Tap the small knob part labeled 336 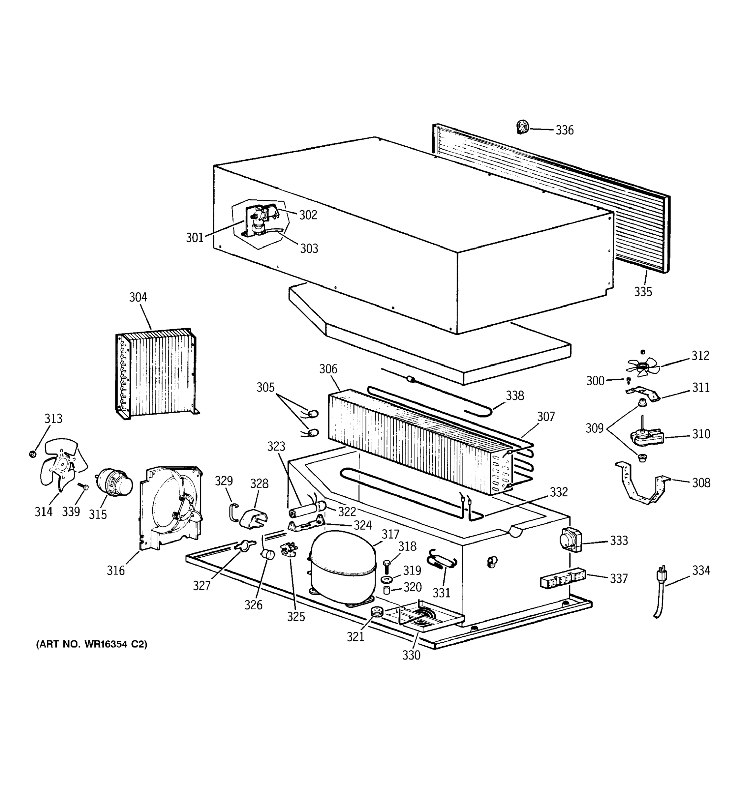(x=523, y=127)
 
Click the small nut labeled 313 (x=33, y=454)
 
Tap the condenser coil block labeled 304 (x=157, y=372)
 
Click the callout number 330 (x=411, y=655)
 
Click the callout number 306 (x=328, y=369)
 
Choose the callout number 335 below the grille (x=643, y=292)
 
